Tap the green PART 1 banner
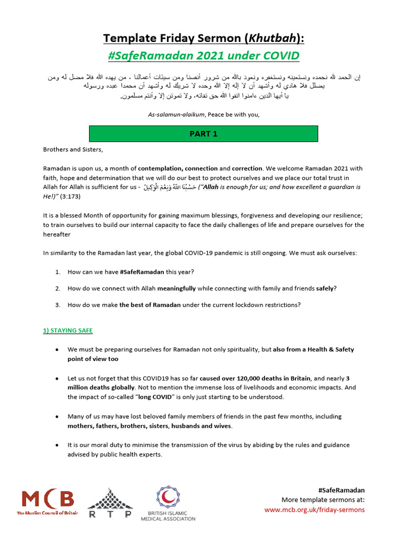coord(203,134)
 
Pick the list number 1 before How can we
coord(58,272)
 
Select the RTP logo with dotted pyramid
coord(109,503)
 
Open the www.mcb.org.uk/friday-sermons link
coord(314,509)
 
